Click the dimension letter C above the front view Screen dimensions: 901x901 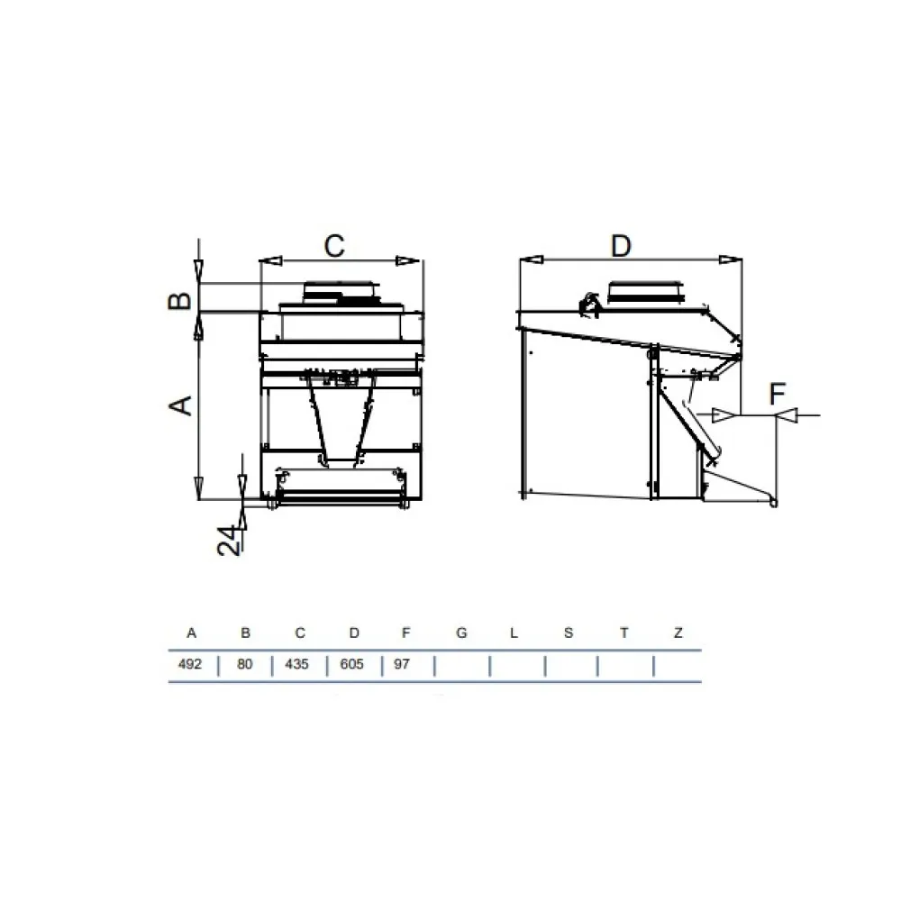tap(334, 246)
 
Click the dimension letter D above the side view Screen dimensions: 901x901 tap(620, 245)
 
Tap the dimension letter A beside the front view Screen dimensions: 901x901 tap(182, 405)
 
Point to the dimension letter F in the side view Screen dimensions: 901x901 tap(778, 394)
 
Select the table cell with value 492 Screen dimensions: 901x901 tap(191, 665)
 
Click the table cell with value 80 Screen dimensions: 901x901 tap(245, 665)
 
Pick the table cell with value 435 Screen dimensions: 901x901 tap(296, 665)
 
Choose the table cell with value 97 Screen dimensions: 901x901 tap(405, 665)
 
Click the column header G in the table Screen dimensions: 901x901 tap(461, 633)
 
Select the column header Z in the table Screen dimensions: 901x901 tap(678, 633)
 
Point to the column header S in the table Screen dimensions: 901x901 tap(569, 633)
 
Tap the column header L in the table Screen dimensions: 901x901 tap(514, 633)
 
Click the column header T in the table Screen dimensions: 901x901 tap(623, 633)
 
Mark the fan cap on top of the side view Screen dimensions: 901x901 tap(646, 292)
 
